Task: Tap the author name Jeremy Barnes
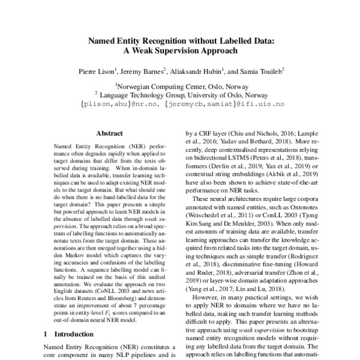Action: tap(148, 71)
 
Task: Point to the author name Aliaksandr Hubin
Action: tap(199, 71)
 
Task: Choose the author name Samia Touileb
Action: tap(261, 71)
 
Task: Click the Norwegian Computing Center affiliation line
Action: tap(181, 86)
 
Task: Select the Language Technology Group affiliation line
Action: tap(181, 94)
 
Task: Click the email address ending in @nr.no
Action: tap(121, 103)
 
